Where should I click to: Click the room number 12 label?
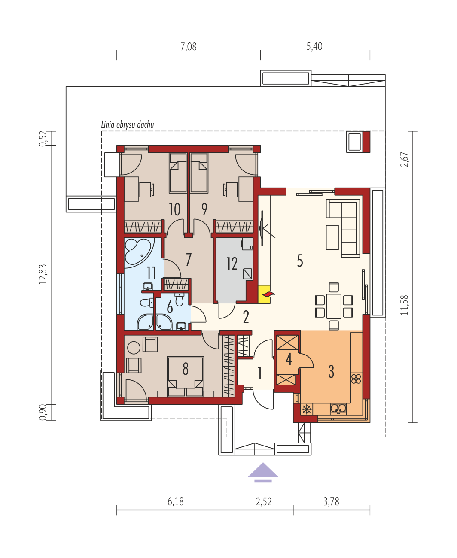pos(232,264)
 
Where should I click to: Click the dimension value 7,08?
pos(189,46)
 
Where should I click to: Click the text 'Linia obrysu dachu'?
pos(128,124)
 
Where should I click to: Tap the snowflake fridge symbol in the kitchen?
pos(307,410)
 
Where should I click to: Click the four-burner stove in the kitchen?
pos(356,379)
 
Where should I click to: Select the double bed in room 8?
pos(186,377)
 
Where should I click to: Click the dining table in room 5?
pos(334,306)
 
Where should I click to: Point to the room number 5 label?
pos(300,261)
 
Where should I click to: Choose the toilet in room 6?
pos(179,299)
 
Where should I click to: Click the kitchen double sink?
pos(338,409)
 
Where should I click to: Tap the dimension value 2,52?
pos(264,502)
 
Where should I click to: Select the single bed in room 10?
pos(178,173)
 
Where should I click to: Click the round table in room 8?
pos(134,348)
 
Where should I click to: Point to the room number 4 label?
pos(289,360)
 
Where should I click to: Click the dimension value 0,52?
pos(43,138)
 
